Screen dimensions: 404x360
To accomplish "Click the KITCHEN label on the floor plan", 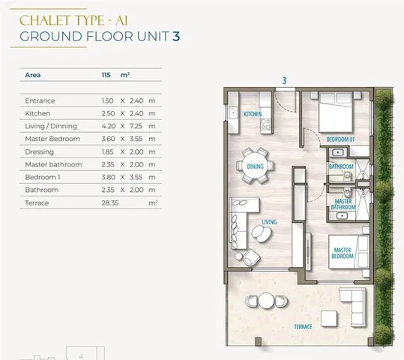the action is tap(253, 114).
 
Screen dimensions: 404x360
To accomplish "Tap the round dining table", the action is tap(255, 166).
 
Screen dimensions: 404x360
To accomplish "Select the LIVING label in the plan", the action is tap(269, 222).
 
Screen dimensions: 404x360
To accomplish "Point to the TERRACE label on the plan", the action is tap(303, 327).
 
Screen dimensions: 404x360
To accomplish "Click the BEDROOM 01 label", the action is tap(340, 139).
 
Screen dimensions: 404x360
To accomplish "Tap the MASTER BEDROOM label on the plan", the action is tap(343, 253).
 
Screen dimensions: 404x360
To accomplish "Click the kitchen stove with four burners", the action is tap(266, 124).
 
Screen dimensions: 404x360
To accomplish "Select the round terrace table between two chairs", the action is tap(266, 301).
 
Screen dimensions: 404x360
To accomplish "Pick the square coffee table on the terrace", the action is tap(329, 319).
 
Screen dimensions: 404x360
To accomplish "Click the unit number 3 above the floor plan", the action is tap(284, 81).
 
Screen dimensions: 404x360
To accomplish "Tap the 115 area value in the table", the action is tap(106, 75).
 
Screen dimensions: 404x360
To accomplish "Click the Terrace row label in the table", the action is tap(37, 203).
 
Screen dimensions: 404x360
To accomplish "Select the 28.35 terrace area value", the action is tap(110, 203).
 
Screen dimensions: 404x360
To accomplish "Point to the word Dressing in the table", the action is tap(40, 152).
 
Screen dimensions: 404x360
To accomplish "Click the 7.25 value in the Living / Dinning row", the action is tap(136, 126).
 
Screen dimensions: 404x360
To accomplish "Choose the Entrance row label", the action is tap(40, 100).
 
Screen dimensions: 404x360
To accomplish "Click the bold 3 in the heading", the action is tap(176, 36).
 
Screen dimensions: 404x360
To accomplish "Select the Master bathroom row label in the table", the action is tap(54, 164).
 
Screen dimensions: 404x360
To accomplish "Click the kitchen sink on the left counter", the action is tap(233, 112).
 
